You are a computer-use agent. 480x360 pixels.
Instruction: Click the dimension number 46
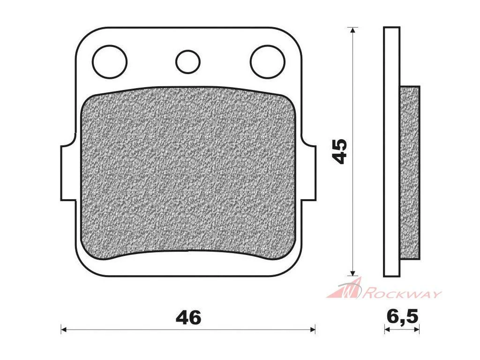click(x=188, y=317)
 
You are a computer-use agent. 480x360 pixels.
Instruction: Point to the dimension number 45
click(x=340, y=151)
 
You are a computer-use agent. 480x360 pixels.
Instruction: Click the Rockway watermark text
click(x=402, y=294)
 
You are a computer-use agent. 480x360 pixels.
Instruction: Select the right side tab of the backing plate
click(x=308, y=173)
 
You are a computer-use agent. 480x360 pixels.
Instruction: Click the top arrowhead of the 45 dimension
click(x=353, y=30)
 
